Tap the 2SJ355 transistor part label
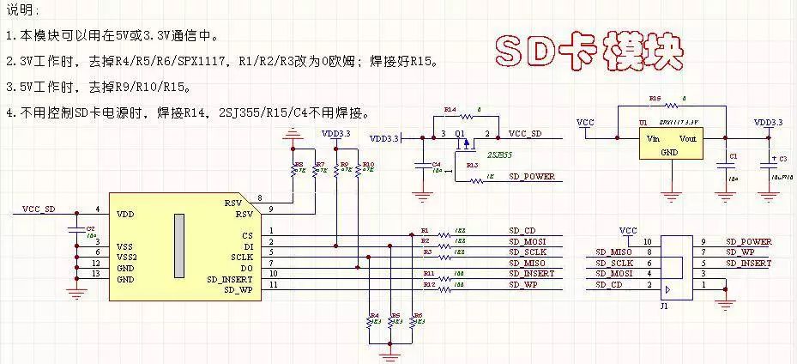(499, 155)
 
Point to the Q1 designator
(459, 134)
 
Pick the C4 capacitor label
(437, 163)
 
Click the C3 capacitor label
(782, 160)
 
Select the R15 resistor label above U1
(655, 99)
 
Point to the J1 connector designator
(664, 305)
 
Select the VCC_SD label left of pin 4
(39, 209)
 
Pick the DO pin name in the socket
(246, 268)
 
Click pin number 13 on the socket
(96, 274)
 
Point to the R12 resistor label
(428, 284)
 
